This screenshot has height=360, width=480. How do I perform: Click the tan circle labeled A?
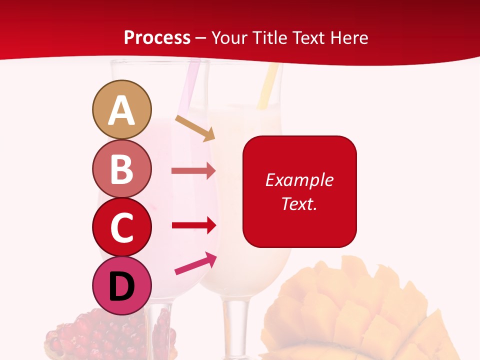pyautogui.click(x=121, y=109)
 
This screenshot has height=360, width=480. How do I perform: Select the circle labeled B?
pyautogui.click(x=121, y=168)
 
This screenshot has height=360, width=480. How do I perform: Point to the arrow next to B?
pyautogui.click(x=193, y=171)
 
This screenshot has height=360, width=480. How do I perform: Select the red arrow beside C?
pyautogui.click(x=193, y=225)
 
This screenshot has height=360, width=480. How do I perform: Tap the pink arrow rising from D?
pyautogui.click(x=195, y=263)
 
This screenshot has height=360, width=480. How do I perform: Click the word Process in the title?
pyautogui.click(x=157, y=37)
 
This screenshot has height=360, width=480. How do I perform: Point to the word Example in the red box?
pyautogui.click(x=299, y=180)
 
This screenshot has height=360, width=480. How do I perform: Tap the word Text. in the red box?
pyautogui.click(x=299, y=203)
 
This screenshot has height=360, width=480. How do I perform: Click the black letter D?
pyautogui.click(x=121, y=287)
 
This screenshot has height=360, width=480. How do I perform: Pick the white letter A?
pyautogui.click(x=121, y=110)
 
